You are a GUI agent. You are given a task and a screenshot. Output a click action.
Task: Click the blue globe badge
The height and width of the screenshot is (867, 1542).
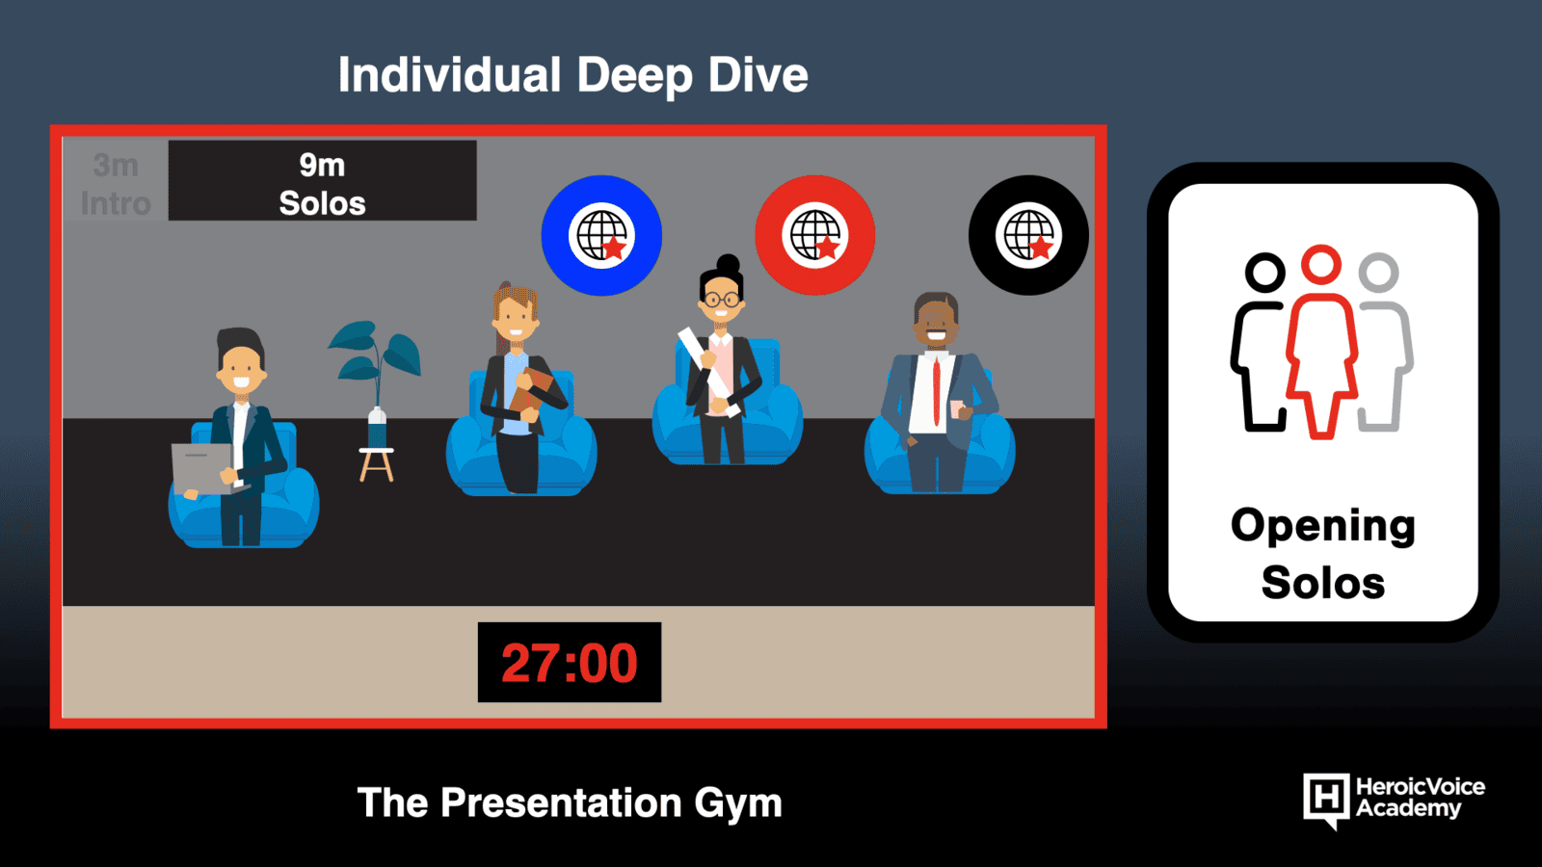(x=601, y=235)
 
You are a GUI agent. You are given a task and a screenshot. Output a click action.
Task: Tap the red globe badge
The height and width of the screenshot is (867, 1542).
(x=815, y=235)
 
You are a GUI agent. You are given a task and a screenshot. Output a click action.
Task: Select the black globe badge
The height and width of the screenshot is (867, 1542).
(x=1028, y=235)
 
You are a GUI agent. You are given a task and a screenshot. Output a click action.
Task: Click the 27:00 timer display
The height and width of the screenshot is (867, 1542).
(x=570, y=662)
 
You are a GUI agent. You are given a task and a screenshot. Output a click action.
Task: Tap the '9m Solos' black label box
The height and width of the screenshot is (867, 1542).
(x=322, y=180)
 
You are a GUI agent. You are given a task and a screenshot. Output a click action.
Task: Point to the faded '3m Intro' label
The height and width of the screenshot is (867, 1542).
(x=116, y=184)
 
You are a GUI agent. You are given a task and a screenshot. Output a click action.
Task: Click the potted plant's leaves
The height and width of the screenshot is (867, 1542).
(x=375, y=351)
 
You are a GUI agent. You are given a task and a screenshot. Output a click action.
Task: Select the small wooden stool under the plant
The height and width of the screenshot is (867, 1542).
(x=376, y=464)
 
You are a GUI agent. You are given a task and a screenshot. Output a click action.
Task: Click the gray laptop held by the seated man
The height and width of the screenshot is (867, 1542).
(x=203, y=468)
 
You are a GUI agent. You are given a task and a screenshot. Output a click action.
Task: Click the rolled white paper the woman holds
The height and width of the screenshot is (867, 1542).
(x=709, y=372)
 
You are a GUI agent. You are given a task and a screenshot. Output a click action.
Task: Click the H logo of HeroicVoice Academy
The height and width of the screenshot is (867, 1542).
(x=1326, y=800)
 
